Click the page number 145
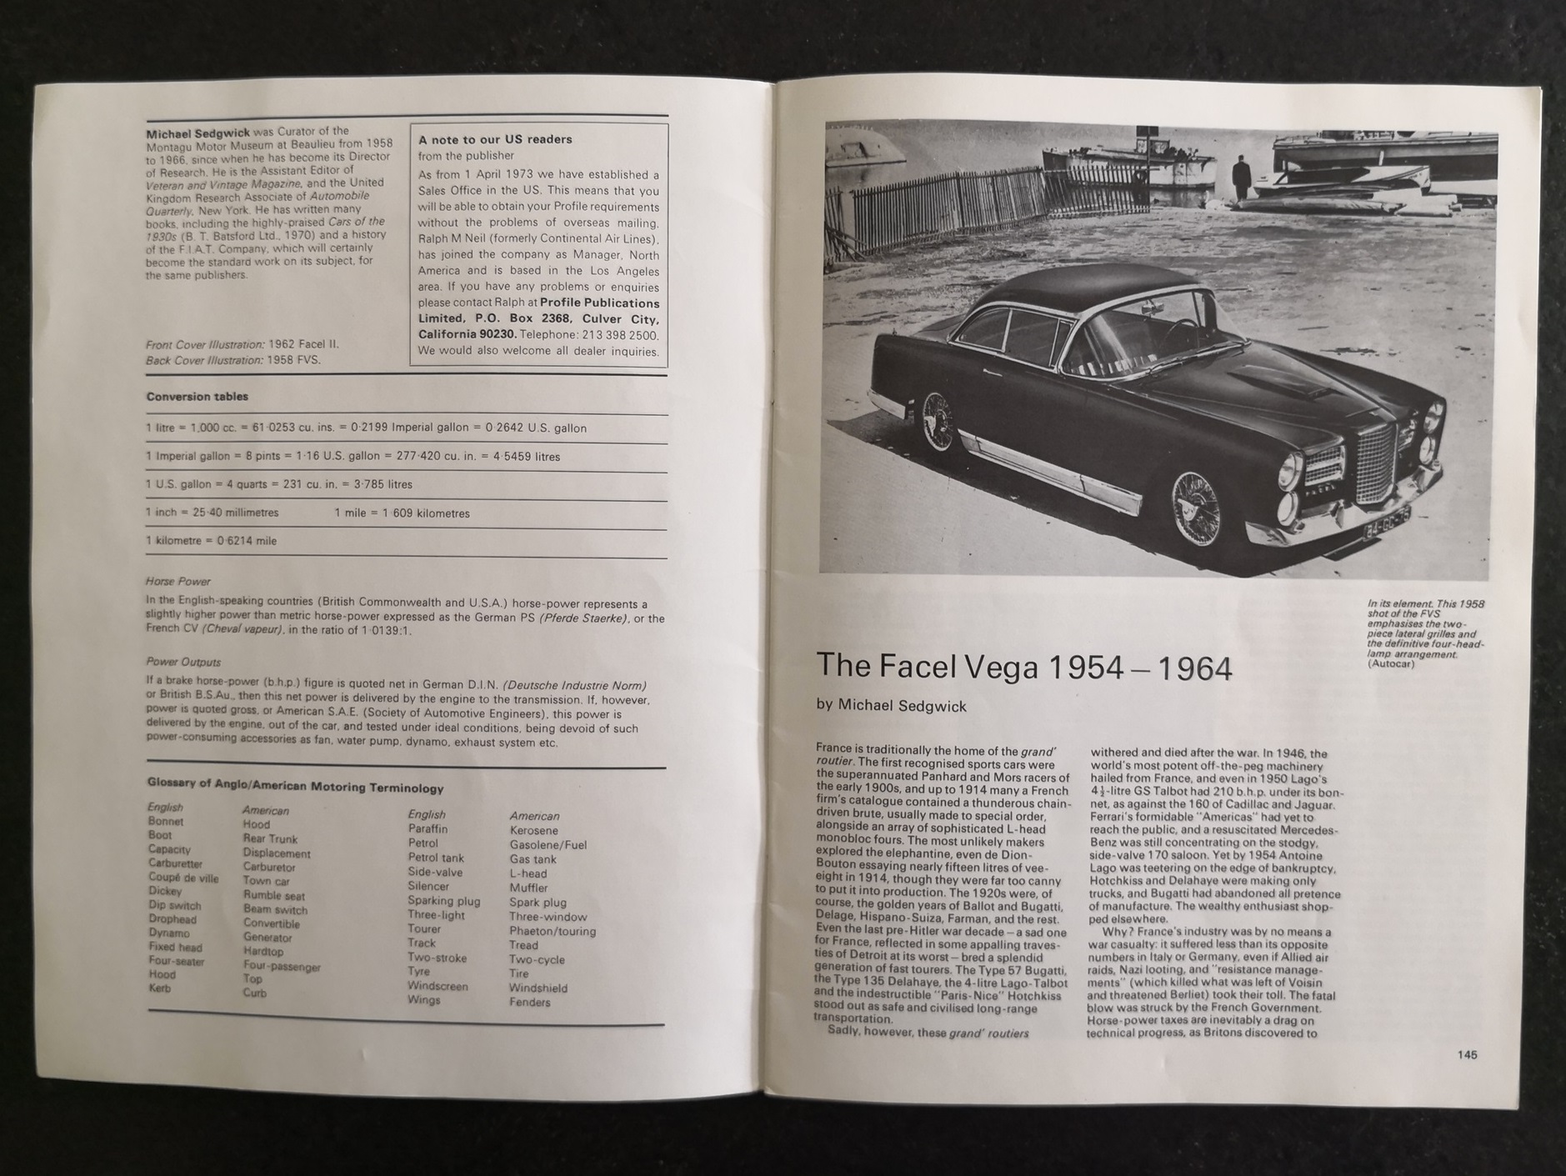(x=1467, y=1054)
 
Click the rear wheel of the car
(x=938, y=420)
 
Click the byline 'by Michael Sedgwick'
(x=891, y=706)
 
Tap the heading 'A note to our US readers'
(x=495, y=139)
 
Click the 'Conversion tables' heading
(x=197, y=397)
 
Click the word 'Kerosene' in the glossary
(x=533, y=830)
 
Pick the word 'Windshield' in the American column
(x=538, y=988)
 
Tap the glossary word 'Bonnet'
(x=165, y=821)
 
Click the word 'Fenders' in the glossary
(x=529, y=1002)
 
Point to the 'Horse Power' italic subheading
(x=178, y=581)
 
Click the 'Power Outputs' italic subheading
(x=183, y=662)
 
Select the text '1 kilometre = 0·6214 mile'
(x=211, y=541)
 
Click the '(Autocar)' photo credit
(x=1391, y=663)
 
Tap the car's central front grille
(x=1375, y=463)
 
